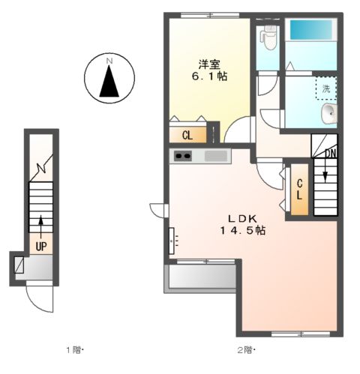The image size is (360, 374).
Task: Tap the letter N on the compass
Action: tap(109, 61)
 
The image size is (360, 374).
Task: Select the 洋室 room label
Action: tap(209, 64)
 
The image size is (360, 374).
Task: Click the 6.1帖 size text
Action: tap(209, 76)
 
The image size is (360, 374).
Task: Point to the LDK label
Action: tap(242, 219)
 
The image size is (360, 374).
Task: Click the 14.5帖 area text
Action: tap(243, 230)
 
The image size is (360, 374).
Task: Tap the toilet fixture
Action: tap(268, 38)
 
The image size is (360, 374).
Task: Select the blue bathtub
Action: tap(311, 30)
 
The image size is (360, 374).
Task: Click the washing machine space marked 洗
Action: tap(326, 88)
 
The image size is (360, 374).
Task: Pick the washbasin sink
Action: tap(329, 114)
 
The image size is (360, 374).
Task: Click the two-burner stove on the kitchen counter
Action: tap(183, 156)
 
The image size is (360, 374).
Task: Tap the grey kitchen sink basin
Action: tap(216, 156)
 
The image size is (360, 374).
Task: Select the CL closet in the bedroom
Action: tap(188, 135)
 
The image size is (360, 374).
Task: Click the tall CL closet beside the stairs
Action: tap(299, 190)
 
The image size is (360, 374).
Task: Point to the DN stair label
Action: tap(331, 154)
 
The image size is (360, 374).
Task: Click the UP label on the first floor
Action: tap(41, 247)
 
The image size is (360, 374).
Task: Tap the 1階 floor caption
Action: tap(74, 350)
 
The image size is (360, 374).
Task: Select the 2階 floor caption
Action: tap(245, 350)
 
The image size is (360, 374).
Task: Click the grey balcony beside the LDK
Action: tap(202, 277)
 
